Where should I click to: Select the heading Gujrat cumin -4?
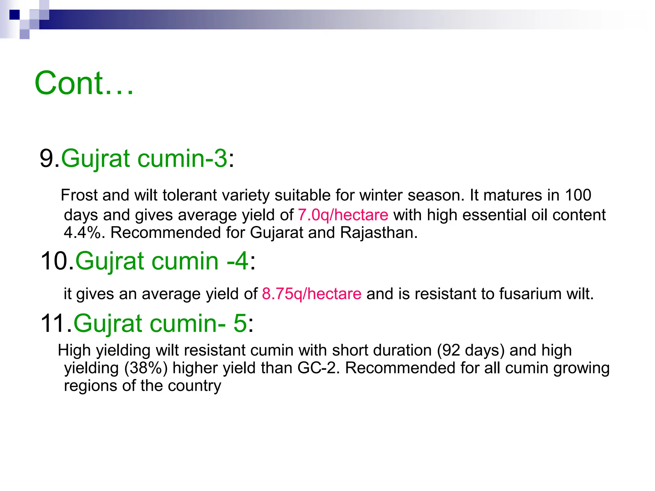[x=162, y=261]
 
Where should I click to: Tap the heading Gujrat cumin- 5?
[x=160, y=323]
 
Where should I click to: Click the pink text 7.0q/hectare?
[x=343, y=215]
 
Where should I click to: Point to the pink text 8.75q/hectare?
[x=312, y=293]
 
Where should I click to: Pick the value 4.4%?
[x=82, y=232]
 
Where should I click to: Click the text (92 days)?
[x=470, y=350]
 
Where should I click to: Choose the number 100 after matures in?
[x=578, y=195]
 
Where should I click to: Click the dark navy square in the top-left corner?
[x=14, y=15]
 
